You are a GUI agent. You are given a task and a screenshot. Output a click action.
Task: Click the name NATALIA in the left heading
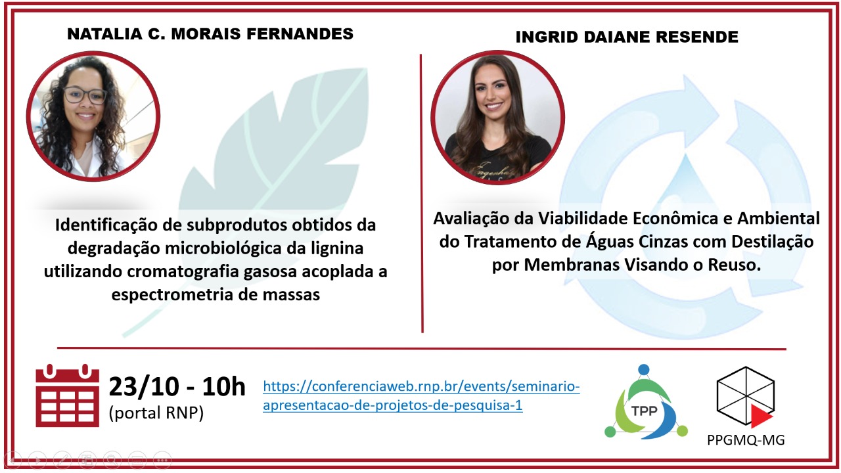[104, 34]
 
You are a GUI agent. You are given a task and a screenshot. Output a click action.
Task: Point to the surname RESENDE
[697, 37]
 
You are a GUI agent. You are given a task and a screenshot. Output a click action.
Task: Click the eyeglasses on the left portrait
[85, 95]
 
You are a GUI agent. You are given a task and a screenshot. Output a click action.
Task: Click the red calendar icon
[68, 395]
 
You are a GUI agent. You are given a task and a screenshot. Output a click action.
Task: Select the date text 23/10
[144, 387]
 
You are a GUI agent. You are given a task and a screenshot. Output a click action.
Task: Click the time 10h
[224, 387]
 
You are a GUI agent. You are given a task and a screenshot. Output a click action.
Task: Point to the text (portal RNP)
[156, 413]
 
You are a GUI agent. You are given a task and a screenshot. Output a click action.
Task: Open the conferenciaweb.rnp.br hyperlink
[421, 395]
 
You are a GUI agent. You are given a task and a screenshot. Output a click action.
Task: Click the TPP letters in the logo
[645, 411]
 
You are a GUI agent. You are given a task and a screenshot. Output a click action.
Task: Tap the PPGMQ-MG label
[746, 440]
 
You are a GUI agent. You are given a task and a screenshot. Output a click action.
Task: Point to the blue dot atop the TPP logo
[644, 369]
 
